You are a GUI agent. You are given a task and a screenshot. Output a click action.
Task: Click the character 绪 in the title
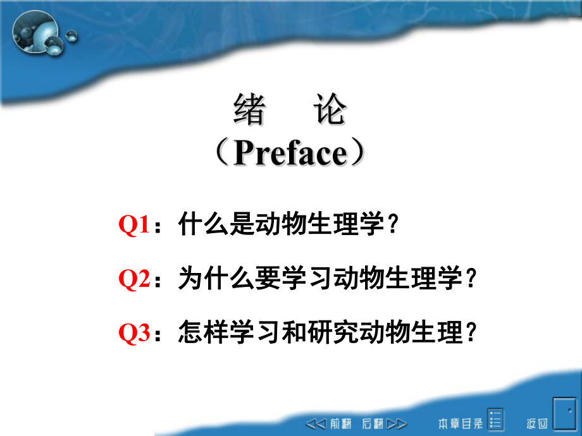(x=249, y=110)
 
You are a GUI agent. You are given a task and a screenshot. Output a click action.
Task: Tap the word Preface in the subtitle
(x=290, y=154)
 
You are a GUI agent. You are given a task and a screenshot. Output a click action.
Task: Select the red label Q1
(x=133, y=226)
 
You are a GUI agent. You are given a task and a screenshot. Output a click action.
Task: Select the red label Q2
(x=133, y=279)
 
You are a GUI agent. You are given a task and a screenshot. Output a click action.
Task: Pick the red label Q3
(x=133, y=333)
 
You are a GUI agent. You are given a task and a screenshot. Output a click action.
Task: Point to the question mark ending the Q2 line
(x=469, y=279)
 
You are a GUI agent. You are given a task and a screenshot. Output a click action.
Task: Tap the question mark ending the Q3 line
(x=469, y=333)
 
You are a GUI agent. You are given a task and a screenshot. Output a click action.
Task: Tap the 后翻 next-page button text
(x=373, y=423)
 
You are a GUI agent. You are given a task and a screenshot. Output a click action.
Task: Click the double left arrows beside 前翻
(x=316, y=423)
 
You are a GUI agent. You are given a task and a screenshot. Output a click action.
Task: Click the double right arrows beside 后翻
(x=397, y=423)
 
